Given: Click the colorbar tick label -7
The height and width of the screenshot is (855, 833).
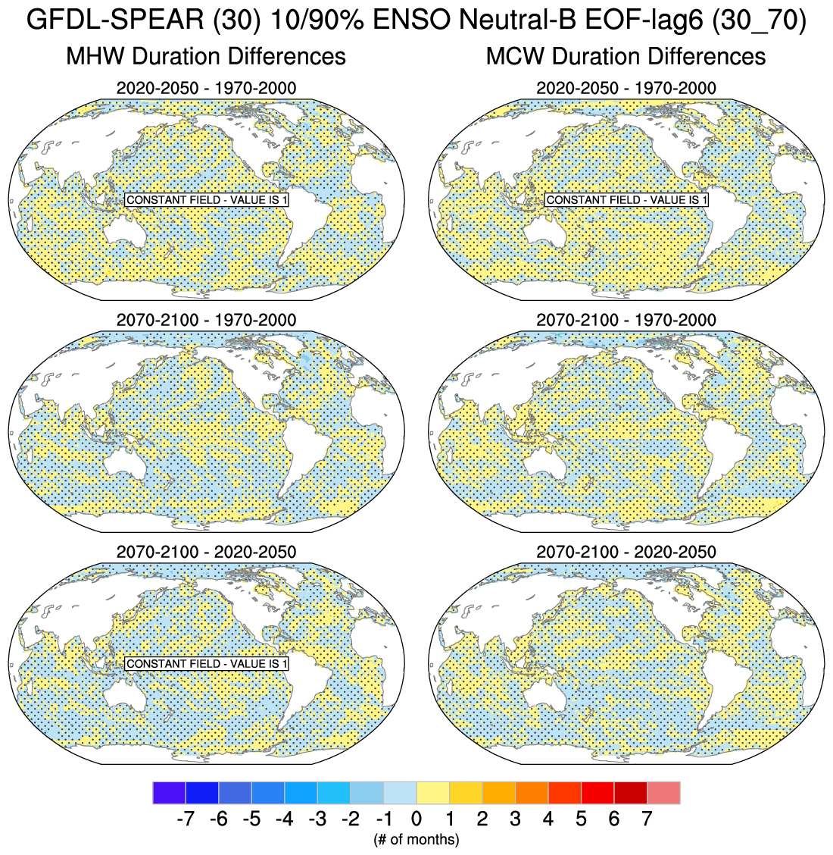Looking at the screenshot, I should pyautogui.click(x=185, y=819).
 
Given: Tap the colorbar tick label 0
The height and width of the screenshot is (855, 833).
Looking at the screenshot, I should pyautogui.click(x=416, y=819).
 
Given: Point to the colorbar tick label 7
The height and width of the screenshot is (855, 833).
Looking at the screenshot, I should pyautogui.click(x=647, y=819).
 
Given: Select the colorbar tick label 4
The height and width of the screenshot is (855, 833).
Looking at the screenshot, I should pyautogui.click(x=548, y=819).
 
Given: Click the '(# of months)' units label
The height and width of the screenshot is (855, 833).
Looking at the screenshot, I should pyautogui.click(x=416, y=839).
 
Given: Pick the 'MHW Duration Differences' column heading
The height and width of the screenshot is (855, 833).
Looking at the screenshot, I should pyautogui.click(x=206, y=56).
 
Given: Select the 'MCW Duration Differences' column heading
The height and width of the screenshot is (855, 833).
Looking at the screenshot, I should pyautogui.click(x=626, y=56).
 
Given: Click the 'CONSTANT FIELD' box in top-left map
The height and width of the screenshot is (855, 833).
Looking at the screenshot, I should pyautogui.click(x=207, y=200).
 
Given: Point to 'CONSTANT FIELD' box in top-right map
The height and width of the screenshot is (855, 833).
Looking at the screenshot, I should pyautogui.click(x=626, y=200).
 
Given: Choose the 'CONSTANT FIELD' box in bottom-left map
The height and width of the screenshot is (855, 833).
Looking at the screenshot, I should pyautogui.click(x=207, y=664).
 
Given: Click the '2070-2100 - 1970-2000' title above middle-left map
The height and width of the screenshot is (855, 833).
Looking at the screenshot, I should pyautogui.click(x=206, y=320).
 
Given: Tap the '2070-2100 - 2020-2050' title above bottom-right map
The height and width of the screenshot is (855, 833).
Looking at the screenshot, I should pyautogui.click(x=626, y=552).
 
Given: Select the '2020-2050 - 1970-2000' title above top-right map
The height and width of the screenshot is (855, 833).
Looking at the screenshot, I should pyautogui.click(x=626, y=88).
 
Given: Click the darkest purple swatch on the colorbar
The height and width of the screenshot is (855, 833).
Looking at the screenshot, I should pyautogui.click(x=169, y=793).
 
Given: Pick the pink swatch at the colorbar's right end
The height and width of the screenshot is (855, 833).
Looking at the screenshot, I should pyautogui.click(x=663, y=793).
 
